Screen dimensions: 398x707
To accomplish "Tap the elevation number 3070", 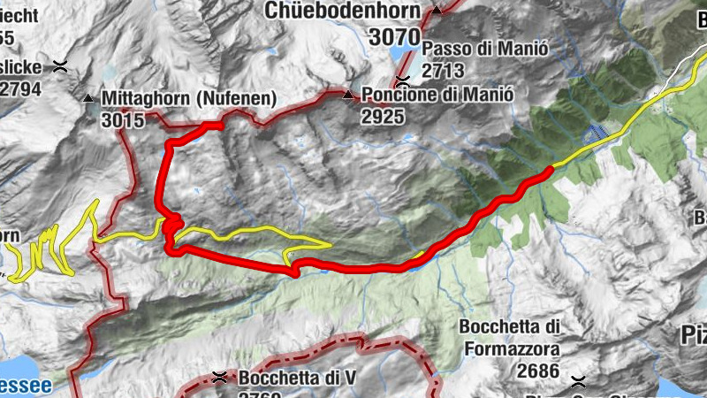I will point(395,37).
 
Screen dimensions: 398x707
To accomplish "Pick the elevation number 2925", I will point(383,116).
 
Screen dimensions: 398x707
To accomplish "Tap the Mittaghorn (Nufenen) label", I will point(189,97).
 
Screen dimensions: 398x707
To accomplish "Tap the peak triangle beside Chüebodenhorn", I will point(437,11).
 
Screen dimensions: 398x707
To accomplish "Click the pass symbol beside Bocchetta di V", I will point(219,379).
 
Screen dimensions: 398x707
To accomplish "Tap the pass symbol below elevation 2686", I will point(579,381).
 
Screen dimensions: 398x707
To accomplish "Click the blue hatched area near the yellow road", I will point(597,134).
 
